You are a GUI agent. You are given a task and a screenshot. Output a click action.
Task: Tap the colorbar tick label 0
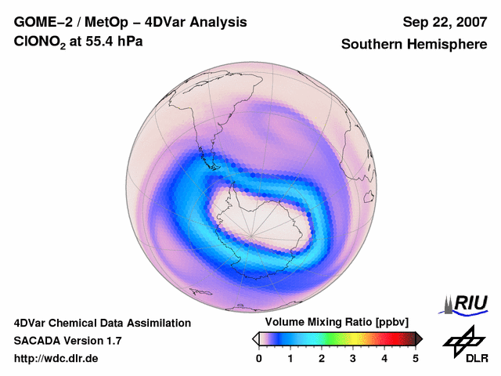click(x=259, y=359)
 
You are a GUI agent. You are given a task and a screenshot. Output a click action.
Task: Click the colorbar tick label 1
click(x=290, y=359)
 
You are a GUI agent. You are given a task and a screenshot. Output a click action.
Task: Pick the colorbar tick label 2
click(x=322, y=359)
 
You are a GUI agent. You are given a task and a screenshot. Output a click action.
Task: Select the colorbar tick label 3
click(x=353, y=359)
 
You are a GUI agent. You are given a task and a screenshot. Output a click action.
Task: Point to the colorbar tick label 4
click(x=384, y=359)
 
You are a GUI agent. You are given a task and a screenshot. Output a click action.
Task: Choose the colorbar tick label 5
click(x=416, y=359)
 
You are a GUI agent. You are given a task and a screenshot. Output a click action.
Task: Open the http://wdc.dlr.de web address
click(x=56, y=359)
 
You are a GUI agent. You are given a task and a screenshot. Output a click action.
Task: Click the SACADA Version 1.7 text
click(x=67, y=341)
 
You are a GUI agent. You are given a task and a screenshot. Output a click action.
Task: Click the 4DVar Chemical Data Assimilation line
click(x=103, y=323)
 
